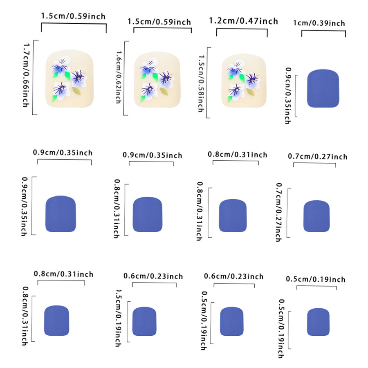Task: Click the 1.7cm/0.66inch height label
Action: (25, 76)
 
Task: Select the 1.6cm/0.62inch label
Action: (119, 77)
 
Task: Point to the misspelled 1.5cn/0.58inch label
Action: (201, 84)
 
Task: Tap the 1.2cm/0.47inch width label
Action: (243, 21)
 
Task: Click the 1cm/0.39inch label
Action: (324, 24)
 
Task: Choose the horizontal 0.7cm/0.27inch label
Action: (317, 157)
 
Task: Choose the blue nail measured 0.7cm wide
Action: (316, 215)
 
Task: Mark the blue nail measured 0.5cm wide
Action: (318, 322)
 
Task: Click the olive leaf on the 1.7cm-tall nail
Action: (77, 91)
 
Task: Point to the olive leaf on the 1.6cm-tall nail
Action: (165, 91)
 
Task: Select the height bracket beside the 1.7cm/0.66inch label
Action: (34, 77)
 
